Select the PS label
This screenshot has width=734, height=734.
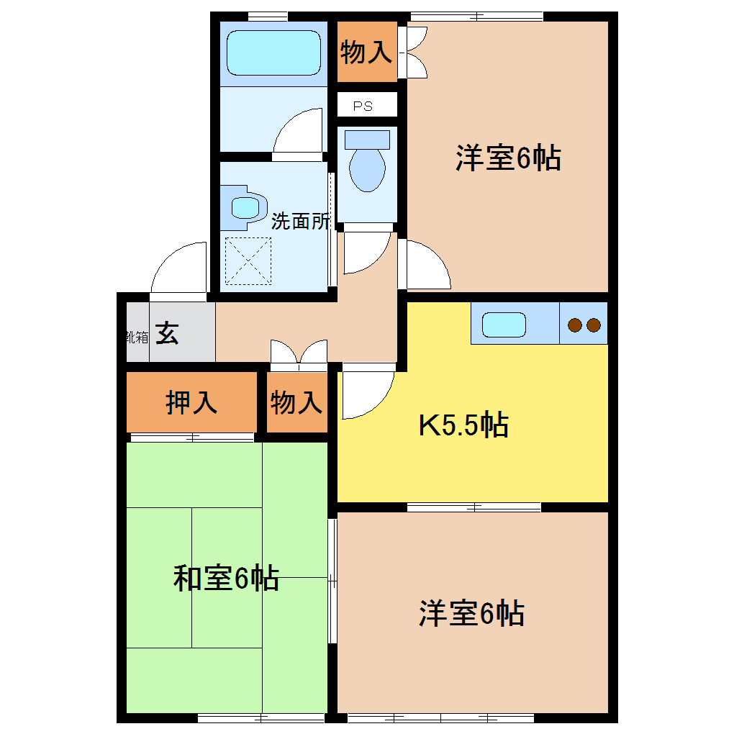(x=363, y=106)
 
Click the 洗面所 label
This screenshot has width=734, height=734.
(x=300, y=221)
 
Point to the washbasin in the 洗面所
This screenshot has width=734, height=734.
(x=245, y=207)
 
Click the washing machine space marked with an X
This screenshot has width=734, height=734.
(x=249, y=261)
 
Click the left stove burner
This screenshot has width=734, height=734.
(x=575, y=325)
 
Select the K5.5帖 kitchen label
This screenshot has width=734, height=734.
(x=463, y=425)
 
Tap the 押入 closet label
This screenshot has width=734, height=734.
(x=191, y=402)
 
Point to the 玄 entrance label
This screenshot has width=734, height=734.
(x=168, y=334)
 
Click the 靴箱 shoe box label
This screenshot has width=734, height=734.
(x=137, y=336)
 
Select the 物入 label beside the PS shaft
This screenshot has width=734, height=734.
(x=366, y=52)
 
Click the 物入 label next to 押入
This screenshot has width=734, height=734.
(x=296, y=402)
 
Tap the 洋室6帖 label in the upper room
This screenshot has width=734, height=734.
(x=508, y=158)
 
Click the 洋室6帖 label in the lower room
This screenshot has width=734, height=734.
(x=471, y=614)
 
